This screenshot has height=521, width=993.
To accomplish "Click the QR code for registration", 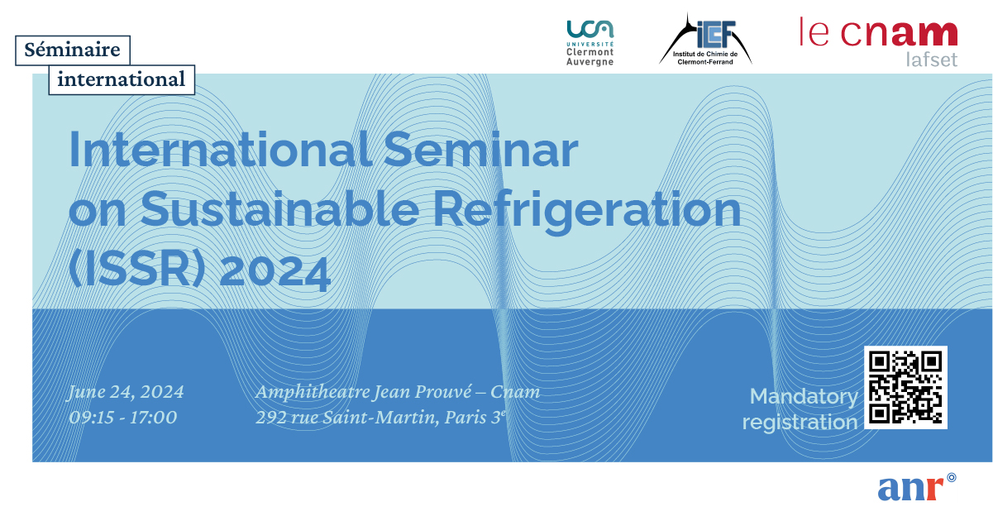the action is point(905,387).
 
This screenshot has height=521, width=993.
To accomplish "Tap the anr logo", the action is point(917,487).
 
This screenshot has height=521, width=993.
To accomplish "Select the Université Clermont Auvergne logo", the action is point(590,43).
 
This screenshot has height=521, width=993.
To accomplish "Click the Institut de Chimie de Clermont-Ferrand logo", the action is point(705,39).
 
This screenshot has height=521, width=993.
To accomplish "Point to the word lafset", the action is point(931,60).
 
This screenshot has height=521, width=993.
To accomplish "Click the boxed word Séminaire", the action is point(72,50).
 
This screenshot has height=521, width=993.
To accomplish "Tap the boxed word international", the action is point(121,79).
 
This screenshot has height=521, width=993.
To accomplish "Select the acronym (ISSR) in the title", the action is point(137,269).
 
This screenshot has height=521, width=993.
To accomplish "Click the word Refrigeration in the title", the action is point(587,212).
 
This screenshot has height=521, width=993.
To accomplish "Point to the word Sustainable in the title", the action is point(280,208).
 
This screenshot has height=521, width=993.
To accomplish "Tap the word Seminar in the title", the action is point(480,150).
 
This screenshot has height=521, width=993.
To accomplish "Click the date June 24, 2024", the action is point(126,392).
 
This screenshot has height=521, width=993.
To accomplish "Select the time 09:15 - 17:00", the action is point(123,417).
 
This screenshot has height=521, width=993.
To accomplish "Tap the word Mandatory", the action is point(804,397).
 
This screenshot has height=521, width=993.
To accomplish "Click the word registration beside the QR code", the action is point(800,422).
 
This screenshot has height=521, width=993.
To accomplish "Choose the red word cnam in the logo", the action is point(899,33).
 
